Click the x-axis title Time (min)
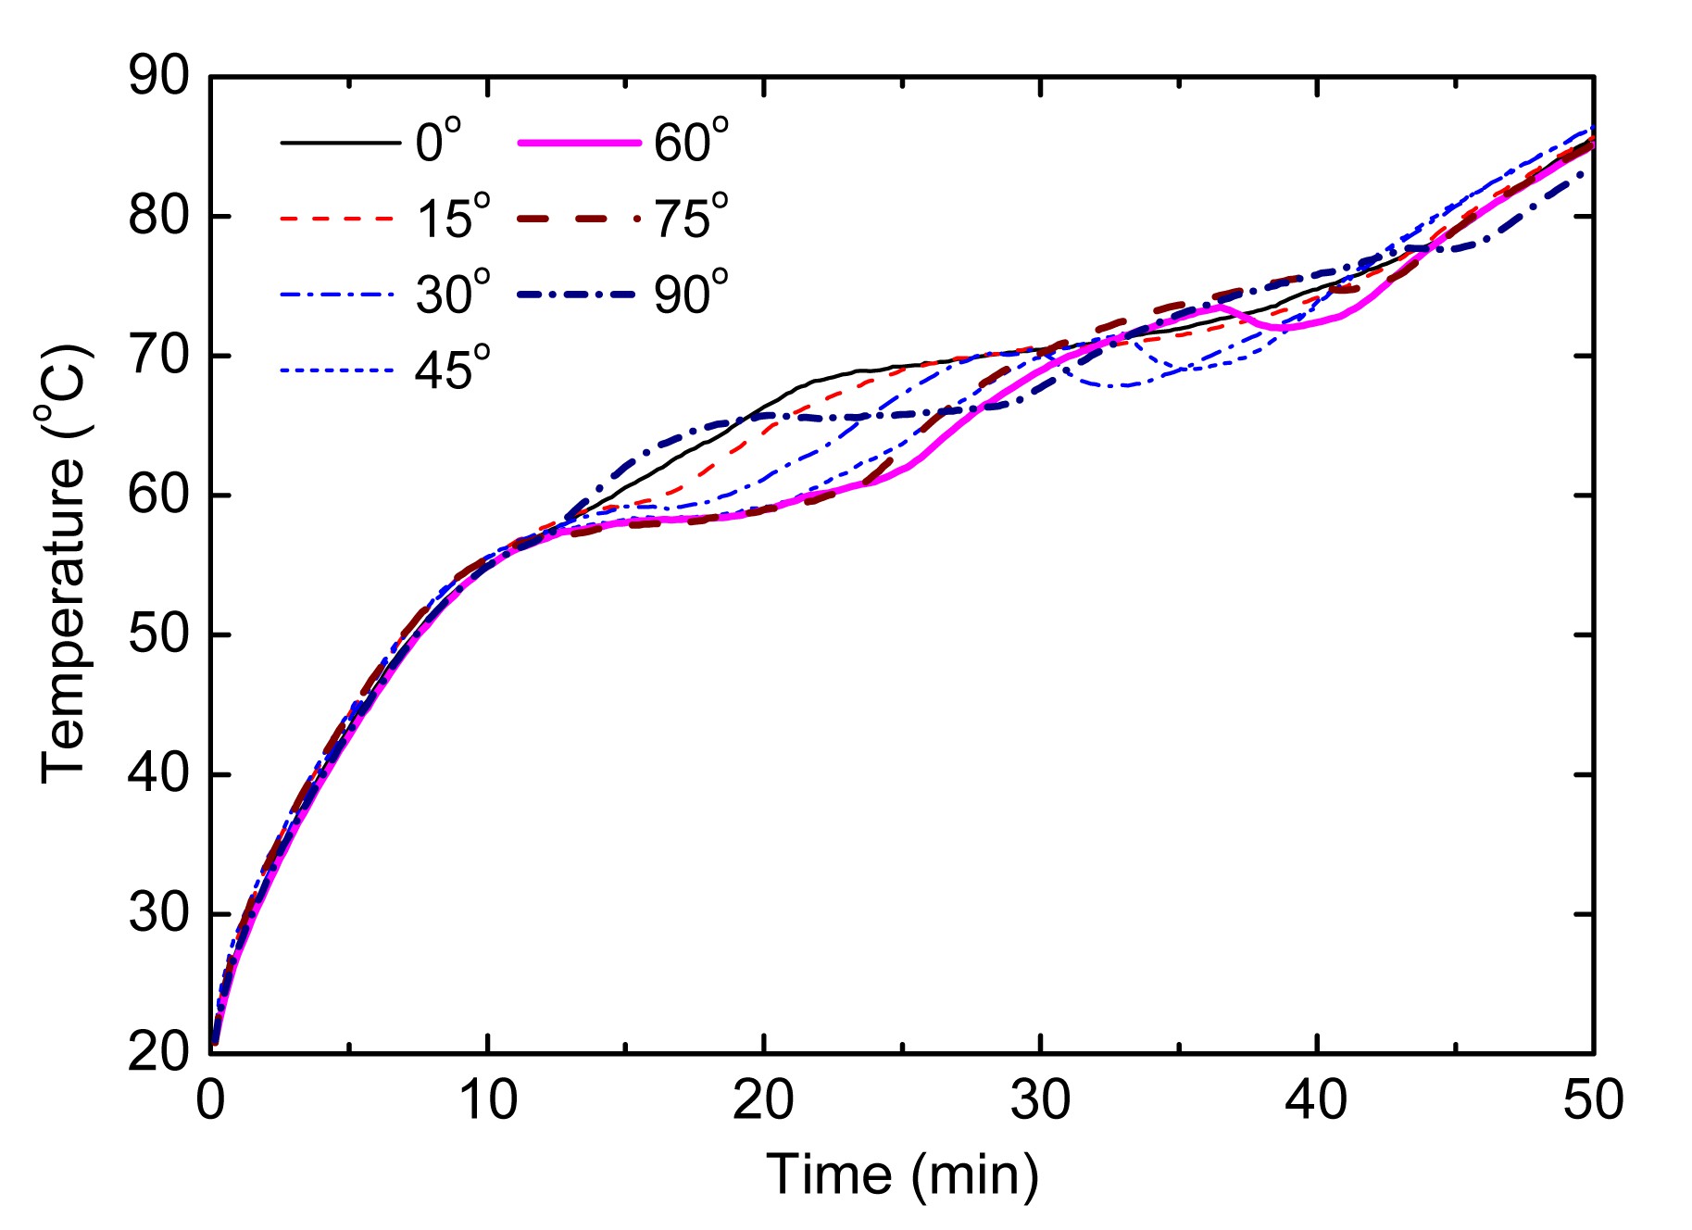click(x=903, y=1175)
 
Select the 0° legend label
click(x=438, y=144)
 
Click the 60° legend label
click(x=691, y=144)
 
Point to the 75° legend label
click(x=691, y=220)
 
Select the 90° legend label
click(x=691, y=295)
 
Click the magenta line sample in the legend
click(x=579, y=144)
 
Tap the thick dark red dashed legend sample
click(x=579, y=220)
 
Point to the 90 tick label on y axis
click(x=157, y=77)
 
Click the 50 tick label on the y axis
click(x=157, y=635)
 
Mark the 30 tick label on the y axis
click(x=157, y=914)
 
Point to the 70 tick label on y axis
click(x=157, y=356)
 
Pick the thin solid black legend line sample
click(x=340, y=144)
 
